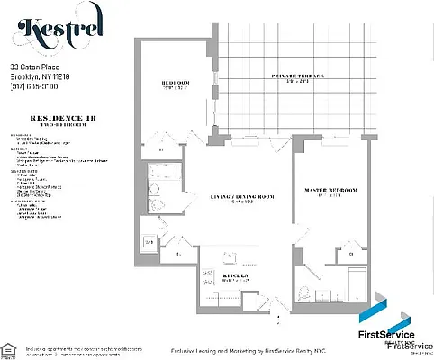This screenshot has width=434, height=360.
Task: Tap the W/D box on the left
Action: (151, 242)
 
